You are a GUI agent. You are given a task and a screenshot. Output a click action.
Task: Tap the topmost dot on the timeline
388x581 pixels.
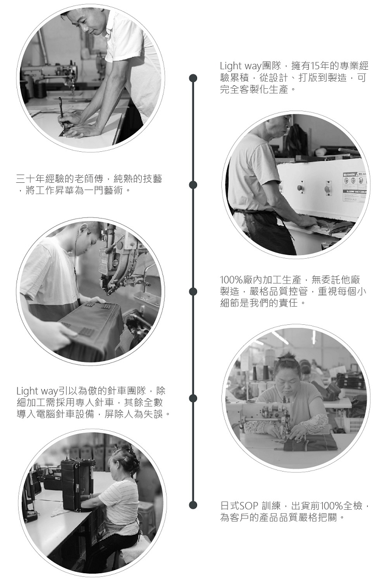click(192, 78)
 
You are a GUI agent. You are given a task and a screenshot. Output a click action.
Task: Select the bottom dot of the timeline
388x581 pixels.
click(192, 505)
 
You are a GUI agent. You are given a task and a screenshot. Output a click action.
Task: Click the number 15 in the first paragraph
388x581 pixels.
click(315, 66)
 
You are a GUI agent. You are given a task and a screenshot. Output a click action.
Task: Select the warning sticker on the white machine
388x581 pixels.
click(354, 186)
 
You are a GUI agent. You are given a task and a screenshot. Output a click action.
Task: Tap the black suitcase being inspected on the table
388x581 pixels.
click(76, 484)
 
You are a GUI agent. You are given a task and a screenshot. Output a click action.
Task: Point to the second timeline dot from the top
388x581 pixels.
click(192, 185)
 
